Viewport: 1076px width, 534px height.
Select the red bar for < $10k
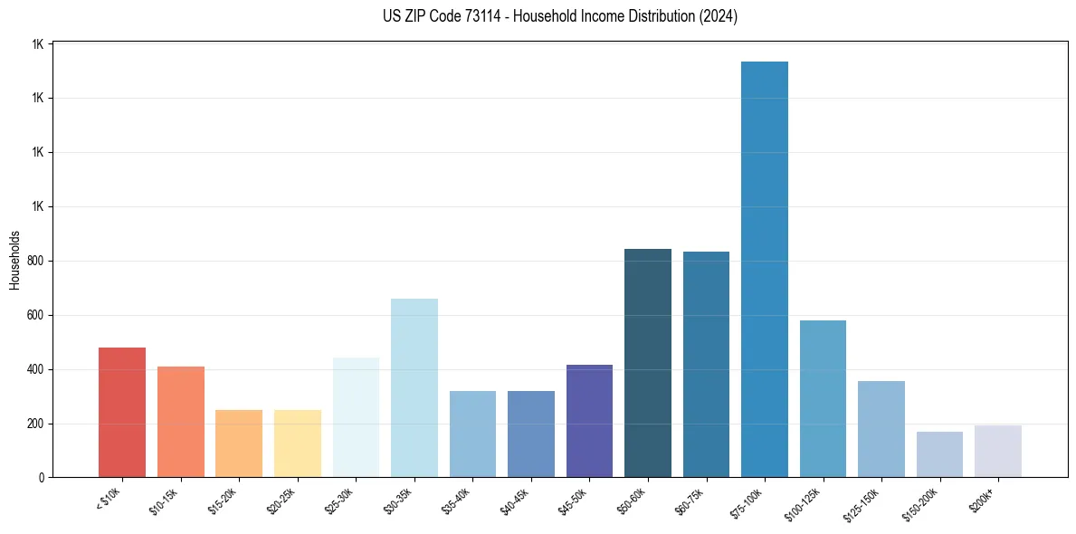pos(122,412)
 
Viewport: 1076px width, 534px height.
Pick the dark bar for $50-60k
pos(648,362)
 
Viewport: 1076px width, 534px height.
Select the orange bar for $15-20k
pos(239,443)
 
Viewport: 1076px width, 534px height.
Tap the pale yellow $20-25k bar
pos(298,443)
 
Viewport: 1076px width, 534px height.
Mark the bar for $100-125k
pos(823,398)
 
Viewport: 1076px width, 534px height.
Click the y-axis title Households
pos(14,260)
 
